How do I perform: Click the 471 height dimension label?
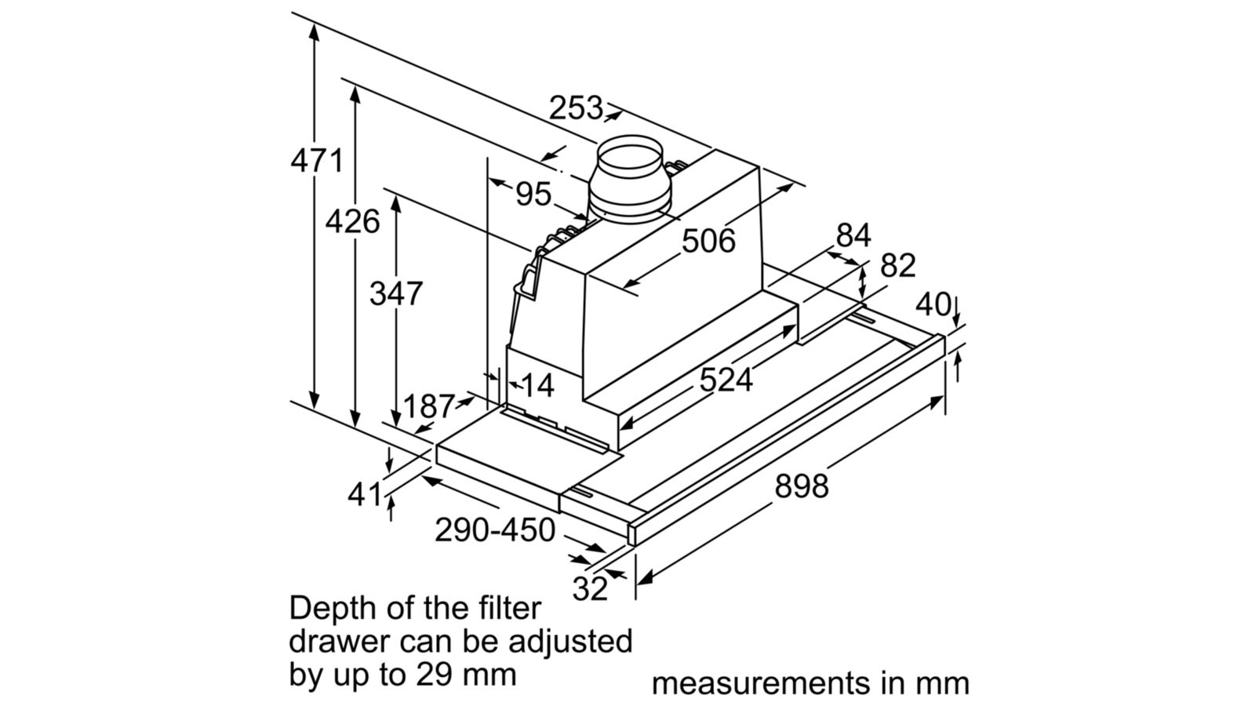317,160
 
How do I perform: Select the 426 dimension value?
353,222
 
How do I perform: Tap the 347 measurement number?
396,293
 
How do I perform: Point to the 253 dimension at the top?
575,108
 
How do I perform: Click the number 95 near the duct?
533,194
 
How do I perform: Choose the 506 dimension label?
708,241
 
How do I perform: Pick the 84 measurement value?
853,235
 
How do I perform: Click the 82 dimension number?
897,266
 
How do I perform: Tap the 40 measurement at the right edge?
933,304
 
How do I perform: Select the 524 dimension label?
726,380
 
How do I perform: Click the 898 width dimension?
801,486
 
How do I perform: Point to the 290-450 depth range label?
495,530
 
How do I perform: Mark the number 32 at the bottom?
590,588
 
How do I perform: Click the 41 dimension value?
365,494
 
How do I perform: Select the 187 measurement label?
428,406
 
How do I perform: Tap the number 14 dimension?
537,385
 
